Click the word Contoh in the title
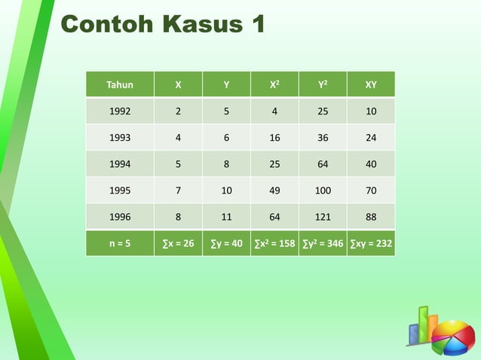[104, 24]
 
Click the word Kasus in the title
[195, 24]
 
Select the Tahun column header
[120, 85]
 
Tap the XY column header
[371, 85]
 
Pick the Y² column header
[323, 85]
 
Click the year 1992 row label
[120, 111]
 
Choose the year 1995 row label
[120, 190]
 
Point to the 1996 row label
[120, 216]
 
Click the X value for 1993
[178, 138]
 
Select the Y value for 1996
[226, 216]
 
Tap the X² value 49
[274, 190]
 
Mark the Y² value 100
[323, 190]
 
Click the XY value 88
[371, 216]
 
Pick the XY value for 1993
[371, 138]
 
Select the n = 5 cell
[120, 243]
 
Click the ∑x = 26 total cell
[178, 243]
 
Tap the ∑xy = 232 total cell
[371, 243]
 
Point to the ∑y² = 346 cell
[323, 243]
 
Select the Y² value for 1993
[323, 138]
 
